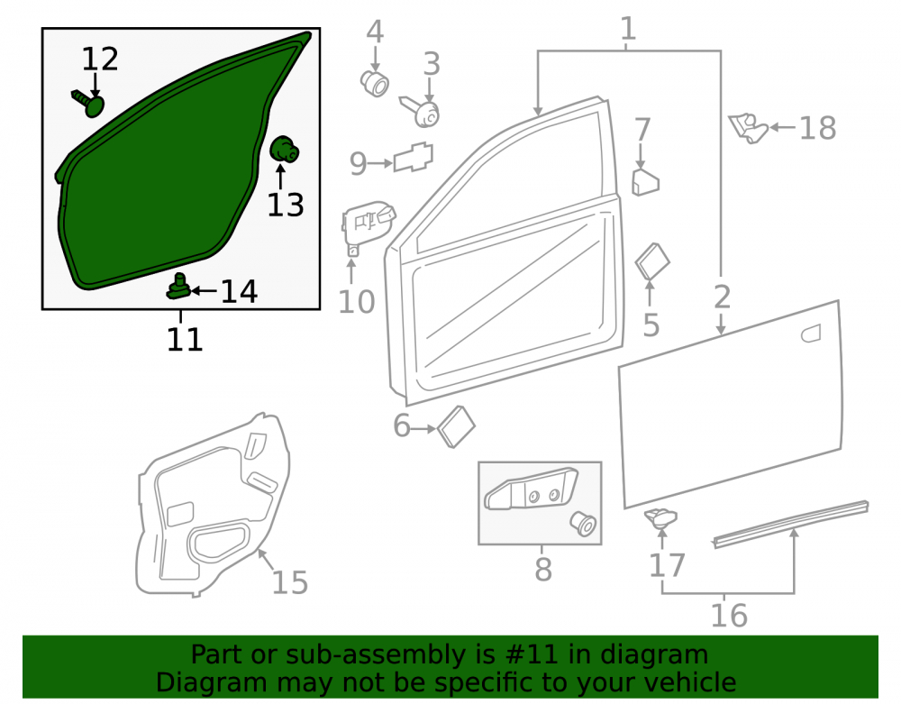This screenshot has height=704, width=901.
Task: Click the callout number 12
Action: [100, 59]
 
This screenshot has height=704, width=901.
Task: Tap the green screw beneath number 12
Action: [89, 103]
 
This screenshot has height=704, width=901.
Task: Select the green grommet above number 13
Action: [284, 150]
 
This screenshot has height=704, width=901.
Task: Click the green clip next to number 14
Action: [178, 287]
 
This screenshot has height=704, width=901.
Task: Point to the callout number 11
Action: [185, 339]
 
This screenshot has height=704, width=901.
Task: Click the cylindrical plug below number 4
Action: [375, 83]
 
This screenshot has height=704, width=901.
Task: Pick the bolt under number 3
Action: [421, 111]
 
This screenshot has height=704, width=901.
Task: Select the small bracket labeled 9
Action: [414, 157]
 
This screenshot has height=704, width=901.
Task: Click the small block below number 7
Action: [645, 183]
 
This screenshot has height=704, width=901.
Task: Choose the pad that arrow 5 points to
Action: [652, 261]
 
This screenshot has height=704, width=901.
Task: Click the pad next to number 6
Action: [456, 426]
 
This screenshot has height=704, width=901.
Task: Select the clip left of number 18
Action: [748, 128]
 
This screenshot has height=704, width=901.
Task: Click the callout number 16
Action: [729, 615]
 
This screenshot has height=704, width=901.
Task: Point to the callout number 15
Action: [289, 581]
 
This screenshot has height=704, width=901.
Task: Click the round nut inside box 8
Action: [583, 524]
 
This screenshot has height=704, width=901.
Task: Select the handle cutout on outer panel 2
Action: [811, 334]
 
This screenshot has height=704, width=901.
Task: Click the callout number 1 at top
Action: [628, 28]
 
